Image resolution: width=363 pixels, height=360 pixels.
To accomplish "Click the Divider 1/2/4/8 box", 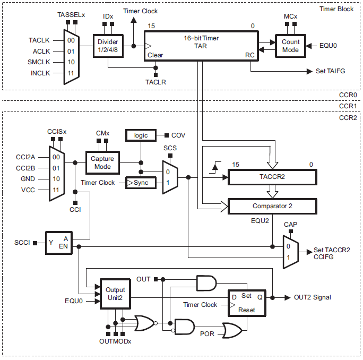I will pos(108,45).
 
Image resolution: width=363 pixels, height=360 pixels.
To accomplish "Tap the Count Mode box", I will pos(290,46).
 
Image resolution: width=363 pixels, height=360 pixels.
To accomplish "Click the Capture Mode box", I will pos(102,162).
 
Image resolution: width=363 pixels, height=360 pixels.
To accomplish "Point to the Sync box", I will pos(141,183).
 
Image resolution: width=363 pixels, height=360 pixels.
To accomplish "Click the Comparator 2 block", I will pos(272,205).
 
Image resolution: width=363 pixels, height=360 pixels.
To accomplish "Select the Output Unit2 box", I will pos(115,294).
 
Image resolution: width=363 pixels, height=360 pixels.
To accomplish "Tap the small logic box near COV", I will pos(141,135).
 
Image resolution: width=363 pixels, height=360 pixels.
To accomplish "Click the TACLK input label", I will pos(39,40).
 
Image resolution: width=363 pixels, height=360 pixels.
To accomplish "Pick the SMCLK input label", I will pos(39,62).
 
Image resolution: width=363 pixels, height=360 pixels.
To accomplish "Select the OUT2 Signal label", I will pos(313,297).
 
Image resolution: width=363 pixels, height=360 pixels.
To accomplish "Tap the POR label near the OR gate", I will pos(208,334).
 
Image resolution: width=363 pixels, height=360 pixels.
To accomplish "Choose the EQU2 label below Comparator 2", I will pos(260,219).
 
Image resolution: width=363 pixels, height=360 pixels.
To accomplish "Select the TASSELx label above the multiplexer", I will pos(71,15).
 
